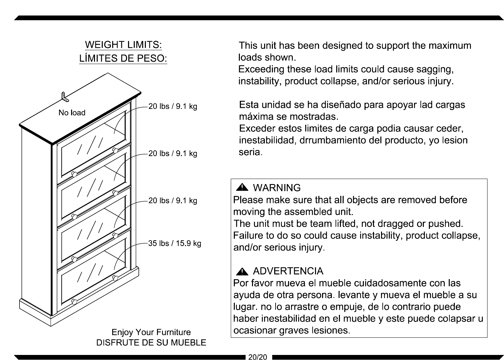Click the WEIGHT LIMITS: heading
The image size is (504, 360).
click(x=123, y=44)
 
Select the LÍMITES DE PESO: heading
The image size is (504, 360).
click(x=123, y=59)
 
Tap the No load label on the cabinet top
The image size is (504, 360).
click(x=72, y=113)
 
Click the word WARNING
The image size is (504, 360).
click(x=277, y=188)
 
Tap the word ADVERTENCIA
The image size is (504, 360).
click(x=288, y=271)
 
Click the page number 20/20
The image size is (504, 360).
click(x=257, y=357)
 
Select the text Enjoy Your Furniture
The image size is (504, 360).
click(x=151, y=332)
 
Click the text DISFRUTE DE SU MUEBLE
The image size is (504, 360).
click(x=151, y=342)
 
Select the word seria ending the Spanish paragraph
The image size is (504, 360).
click(x=250, y=152)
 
